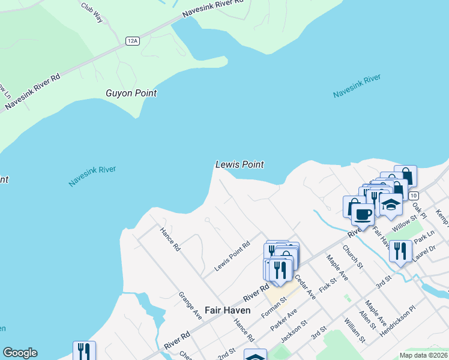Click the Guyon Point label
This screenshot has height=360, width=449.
point(131,93)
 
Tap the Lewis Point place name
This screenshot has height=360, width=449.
point(240,164)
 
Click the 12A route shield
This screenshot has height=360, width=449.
point(133,41)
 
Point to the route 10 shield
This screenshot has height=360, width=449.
point(413,196)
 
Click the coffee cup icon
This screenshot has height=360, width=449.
point(363,214)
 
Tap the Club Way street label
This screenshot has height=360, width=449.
point(92,13)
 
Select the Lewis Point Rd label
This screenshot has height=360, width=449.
point(231,256)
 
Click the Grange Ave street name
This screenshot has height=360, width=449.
point(190,305)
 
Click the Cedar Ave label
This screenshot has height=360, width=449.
point(305,287)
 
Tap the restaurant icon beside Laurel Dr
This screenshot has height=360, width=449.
point(400,251)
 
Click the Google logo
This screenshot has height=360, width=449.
point(20,353)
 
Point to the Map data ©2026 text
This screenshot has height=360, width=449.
point(423,355)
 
